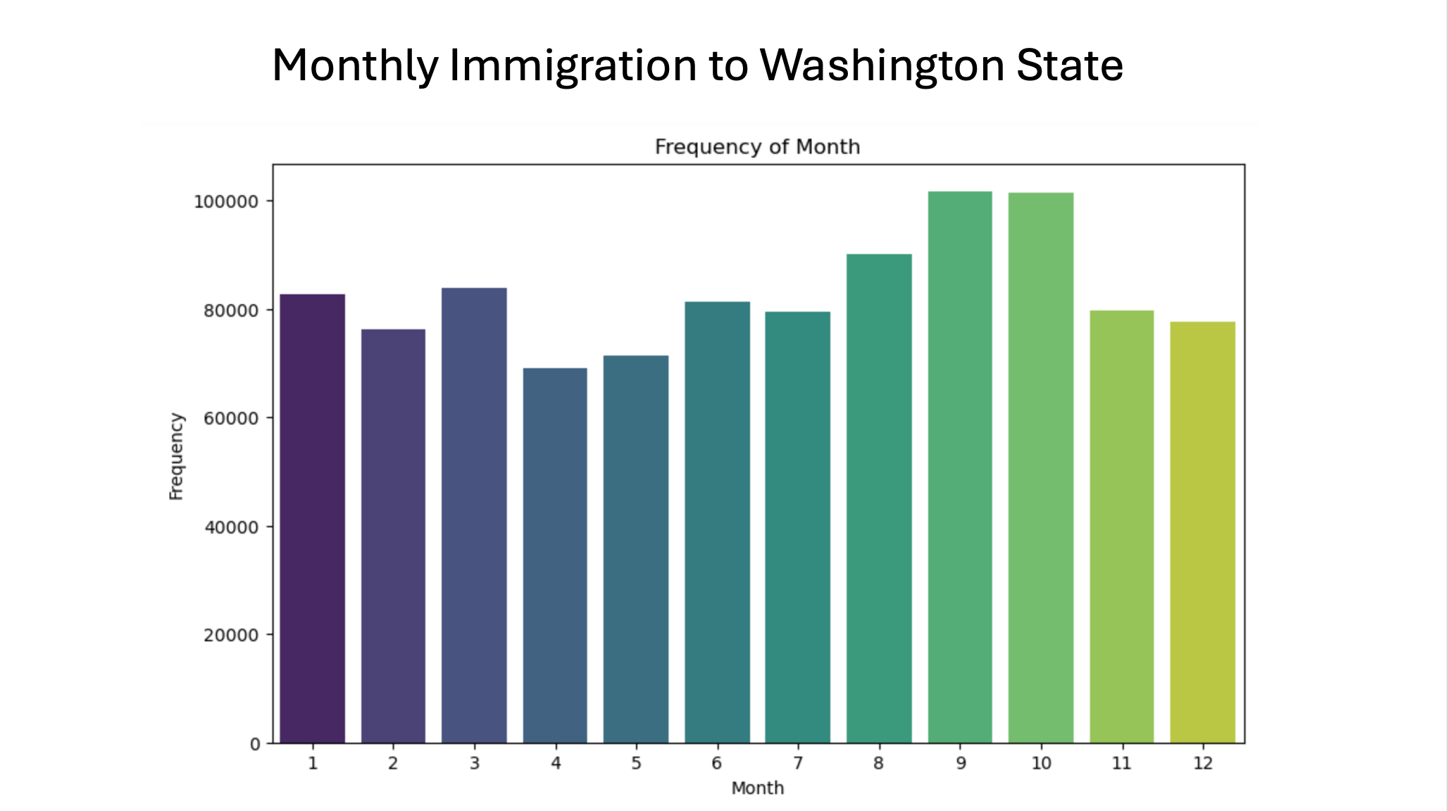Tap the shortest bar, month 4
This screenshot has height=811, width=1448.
pyautogui.click(x=555, y=555)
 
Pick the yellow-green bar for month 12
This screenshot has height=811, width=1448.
pyautogui.click(x=1202, y=532)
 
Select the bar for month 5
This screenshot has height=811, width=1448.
pyautogui.click(x=635, y=549)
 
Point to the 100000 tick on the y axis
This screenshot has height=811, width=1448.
pyautogui.click(x=225, y=202)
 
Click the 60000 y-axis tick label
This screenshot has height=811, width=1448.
pyautogui.click(x=230, y=419)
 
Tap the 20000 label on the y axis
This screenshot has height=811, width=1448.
pyautogui.click(x=230, y=636)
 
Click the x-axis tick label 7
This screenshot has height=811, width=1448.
pyautogui.click(x=797, y=763)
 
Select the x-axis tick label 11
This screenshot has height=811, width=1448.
pyautogui.click(x=1121, y=763)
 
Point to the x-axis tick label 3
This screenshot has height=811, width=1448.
pyautogui.click(x=474, y=763)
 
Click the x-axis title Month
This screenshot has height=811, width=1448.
pyautogui.click(x=757, y=788)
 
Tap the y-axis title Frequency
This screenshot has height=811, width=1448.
pyautogui.click(x=176, y=456)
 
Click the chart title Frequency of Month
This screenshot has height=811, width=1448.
pyautogui.click(x=757, y=146)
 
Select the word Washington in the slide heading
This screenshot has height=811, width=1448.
pyautogui.click(x=882, y=65)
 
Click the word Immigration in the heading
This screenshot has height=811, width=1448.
pyautogui.click(x=573, y=65)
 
